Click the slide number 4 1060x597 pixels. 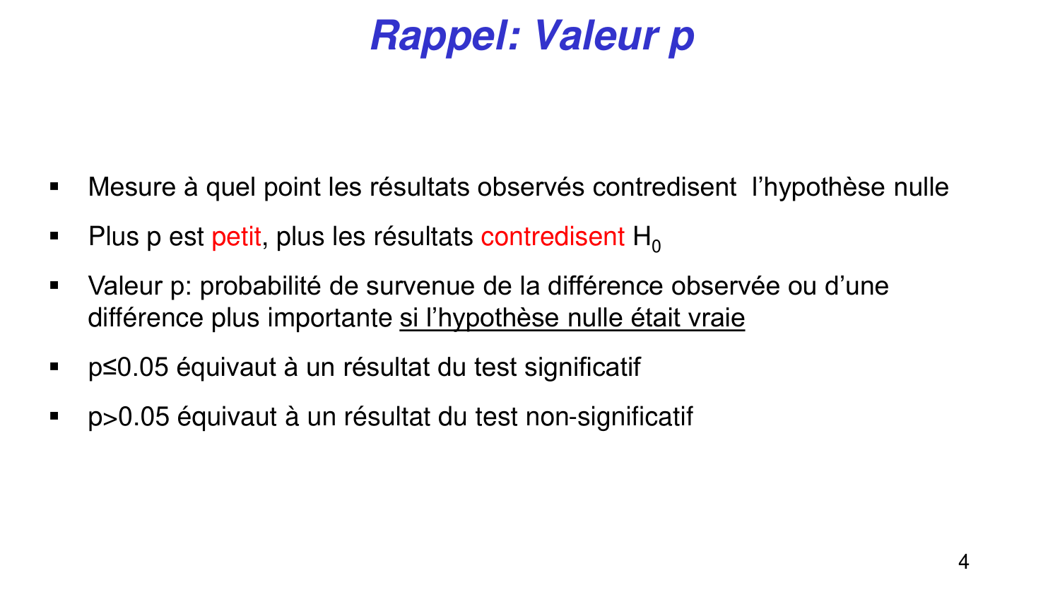(x=963, y=562)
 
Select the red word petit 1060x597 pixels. (x=236, y=237)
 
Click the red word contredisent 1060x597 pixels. (x=553, y=237)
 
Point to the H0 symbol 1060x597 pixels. (x=647, y=238)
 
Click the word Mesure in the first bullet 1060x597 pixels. (x=132, y=187)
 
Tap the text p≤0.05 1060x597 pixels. (x=129, y=367)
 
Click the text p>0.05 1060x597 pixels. (x=129, y=417)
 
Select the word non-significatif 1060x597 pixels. (x=609, y=417)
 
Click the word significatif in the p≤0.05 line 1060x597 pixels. (x=582, y=367)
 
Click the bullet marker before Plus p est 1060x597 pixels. (x=54, y=237)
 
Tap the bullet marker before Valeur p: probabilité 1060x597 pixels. (x=54, y=286)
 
